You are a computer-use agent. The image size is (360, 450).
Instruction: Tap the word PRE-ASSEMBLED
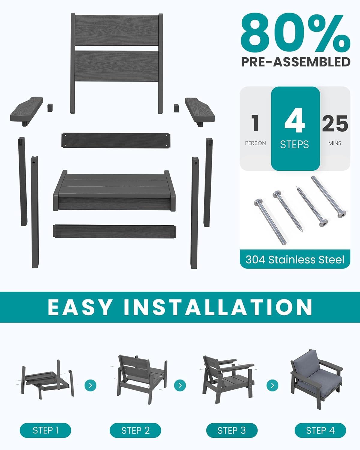tap(296, 62)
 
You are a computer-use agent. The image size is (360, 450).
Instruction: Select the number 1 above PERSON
tap(255, 123)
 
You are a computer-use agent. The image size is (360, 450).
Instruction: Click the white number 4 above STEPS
tap(295, 121)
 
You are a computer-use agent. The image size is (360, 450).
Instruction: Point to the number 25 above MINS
tap(335, 123)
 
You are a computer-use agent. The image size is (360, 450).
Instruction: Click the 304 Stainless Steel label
tap(295, 259)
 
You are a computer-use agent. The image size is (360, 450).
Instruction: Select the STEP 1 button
tap(46, 430)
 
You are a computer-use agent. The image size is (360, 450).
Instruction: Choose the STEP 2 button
tap(135, 430)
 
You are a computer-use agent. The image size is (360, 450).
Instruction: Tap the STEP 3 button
tap(232, 430)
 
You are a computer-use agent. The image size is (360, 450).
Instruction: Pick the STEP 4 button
tap(320, 430)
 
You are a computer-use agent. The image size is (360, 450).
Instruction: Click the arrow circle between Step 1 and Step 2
tap(90, 385)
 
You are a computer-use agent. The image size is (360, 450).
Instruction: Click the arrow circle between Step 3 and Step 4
tap(272, 385)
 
